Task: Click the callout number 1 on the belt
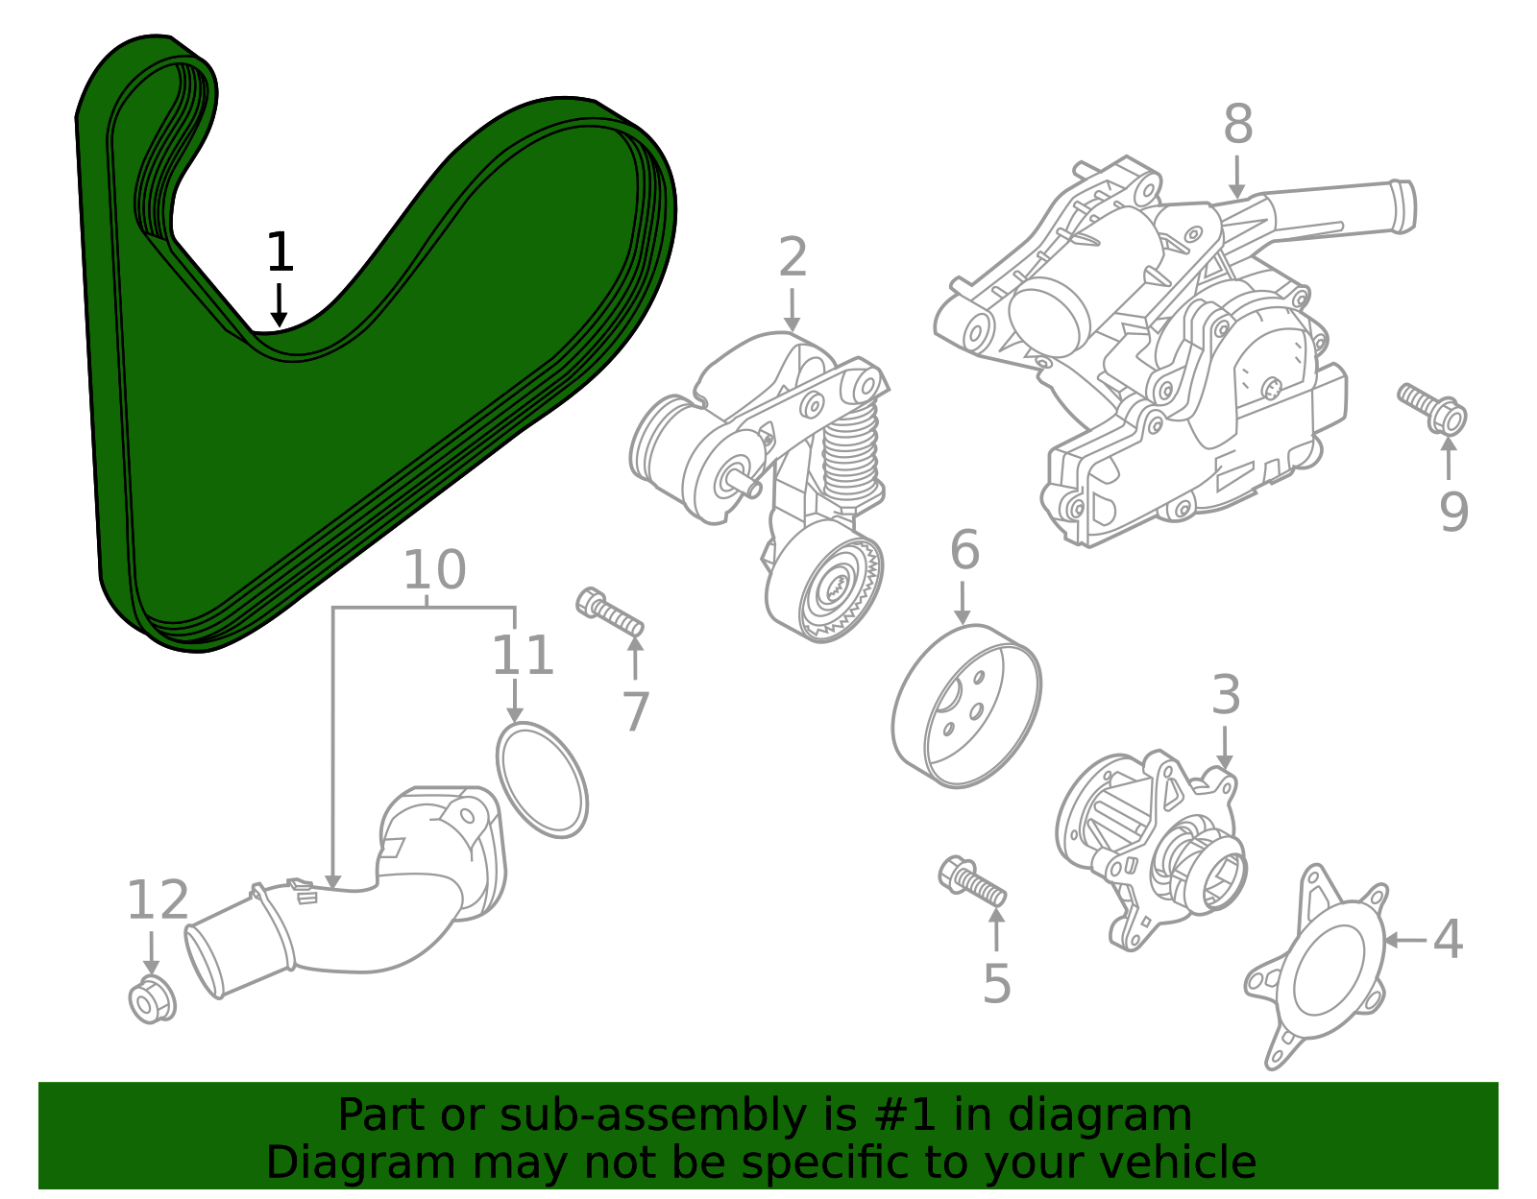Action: click(279, 252)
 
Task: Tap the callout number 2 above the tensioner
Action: click(793, 258)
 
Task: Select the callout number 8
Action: click(1238, 125)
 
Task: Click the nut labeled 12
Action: click(151, 1000)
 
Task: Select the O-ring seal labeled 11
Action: click(542, 779)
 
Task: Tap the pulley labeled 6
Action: click(965, 706)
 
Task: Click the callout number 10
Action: click(434, 570)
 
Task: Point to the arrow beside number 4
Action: click(1403, 940)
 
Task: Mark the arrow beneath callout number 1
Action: click(279, 306)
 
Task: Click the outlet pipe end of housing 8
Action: click(1402, 206)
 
